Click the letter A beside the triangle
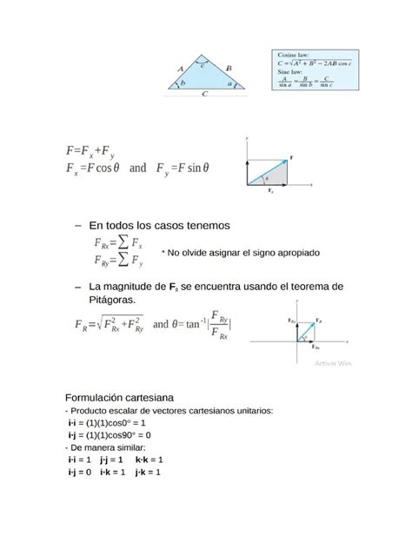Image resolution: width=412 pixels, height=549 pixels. tap(179, 67)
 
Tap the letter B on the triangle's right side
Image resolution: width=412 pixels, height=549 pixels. tap(229, 67)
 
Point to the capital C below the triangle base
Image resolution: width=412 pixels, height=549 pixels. tap(204, 96)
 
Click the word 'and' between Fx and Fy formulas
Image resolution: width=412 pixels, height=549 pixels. tap(137, 168)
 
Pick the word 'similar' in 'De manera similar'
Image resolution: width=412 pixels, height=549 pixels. tap(137, 446)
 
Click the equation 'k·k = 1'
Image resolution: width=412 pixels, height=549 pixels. tap(150, 459)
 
